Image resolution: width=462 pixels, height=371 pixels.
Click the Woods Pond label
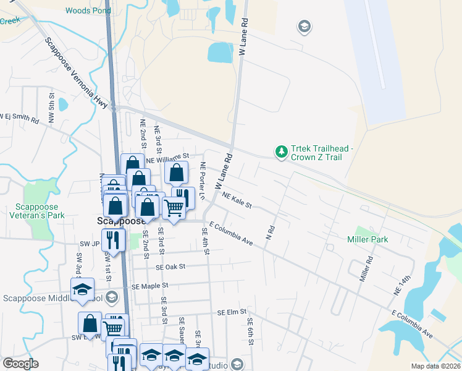pyautogui.click(x=87, y=11)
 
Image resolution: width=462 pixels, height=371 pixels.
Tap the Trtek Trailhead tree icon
pyautogui.click(x=282, y=151)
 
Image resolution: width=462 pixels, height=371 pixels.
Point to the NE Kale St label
pyautogui.click(x=236, y=200)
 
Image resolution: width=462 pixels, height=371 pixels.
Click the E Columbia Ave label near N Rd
pyautogui.click(x=231, y=233)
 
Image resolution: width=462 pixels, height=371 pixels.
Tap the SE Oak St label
pyautogui.click(x=170, y=267)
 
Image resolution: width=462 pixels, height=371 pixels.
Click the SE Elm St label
pyautogui.click(x=232, y=312)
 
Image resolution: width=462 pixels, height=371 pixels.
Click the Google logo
pyautogui.click(x=20, y=364)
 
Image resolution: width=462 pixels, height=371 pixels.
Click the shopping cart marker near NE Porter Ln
pyautogui.click(x=174, y=208)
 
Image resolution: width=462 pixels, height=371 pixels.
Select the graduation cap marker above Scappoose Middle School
pyautogui.click(x=82, y=289)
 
